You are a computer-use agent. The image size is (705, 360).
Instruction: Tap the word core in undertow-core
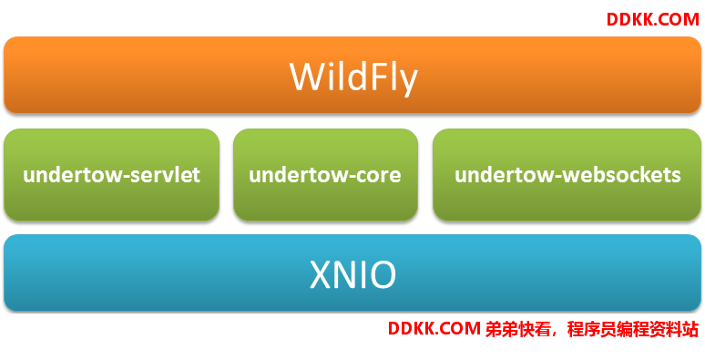click(x=378, y=175)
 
